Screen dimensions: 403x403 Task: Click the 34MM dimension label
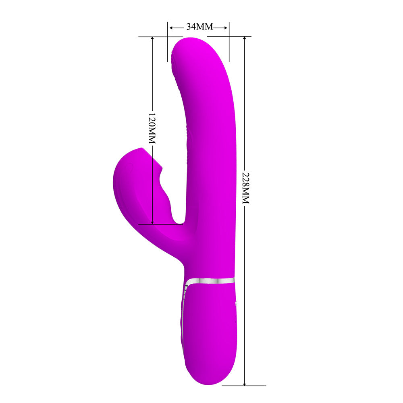point(200,27)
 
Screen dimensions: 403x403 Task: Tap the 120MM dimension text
point(152,128)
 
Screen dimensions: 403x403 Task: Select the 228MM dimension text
point(246,188)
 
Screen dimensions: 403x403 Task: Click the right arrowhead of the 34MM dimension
point(226,28)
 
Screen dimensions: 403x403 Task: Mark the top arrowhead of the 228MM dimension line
point(245,38)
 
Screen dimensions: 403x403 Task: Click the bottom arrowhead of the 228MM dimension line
point(245,384)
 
